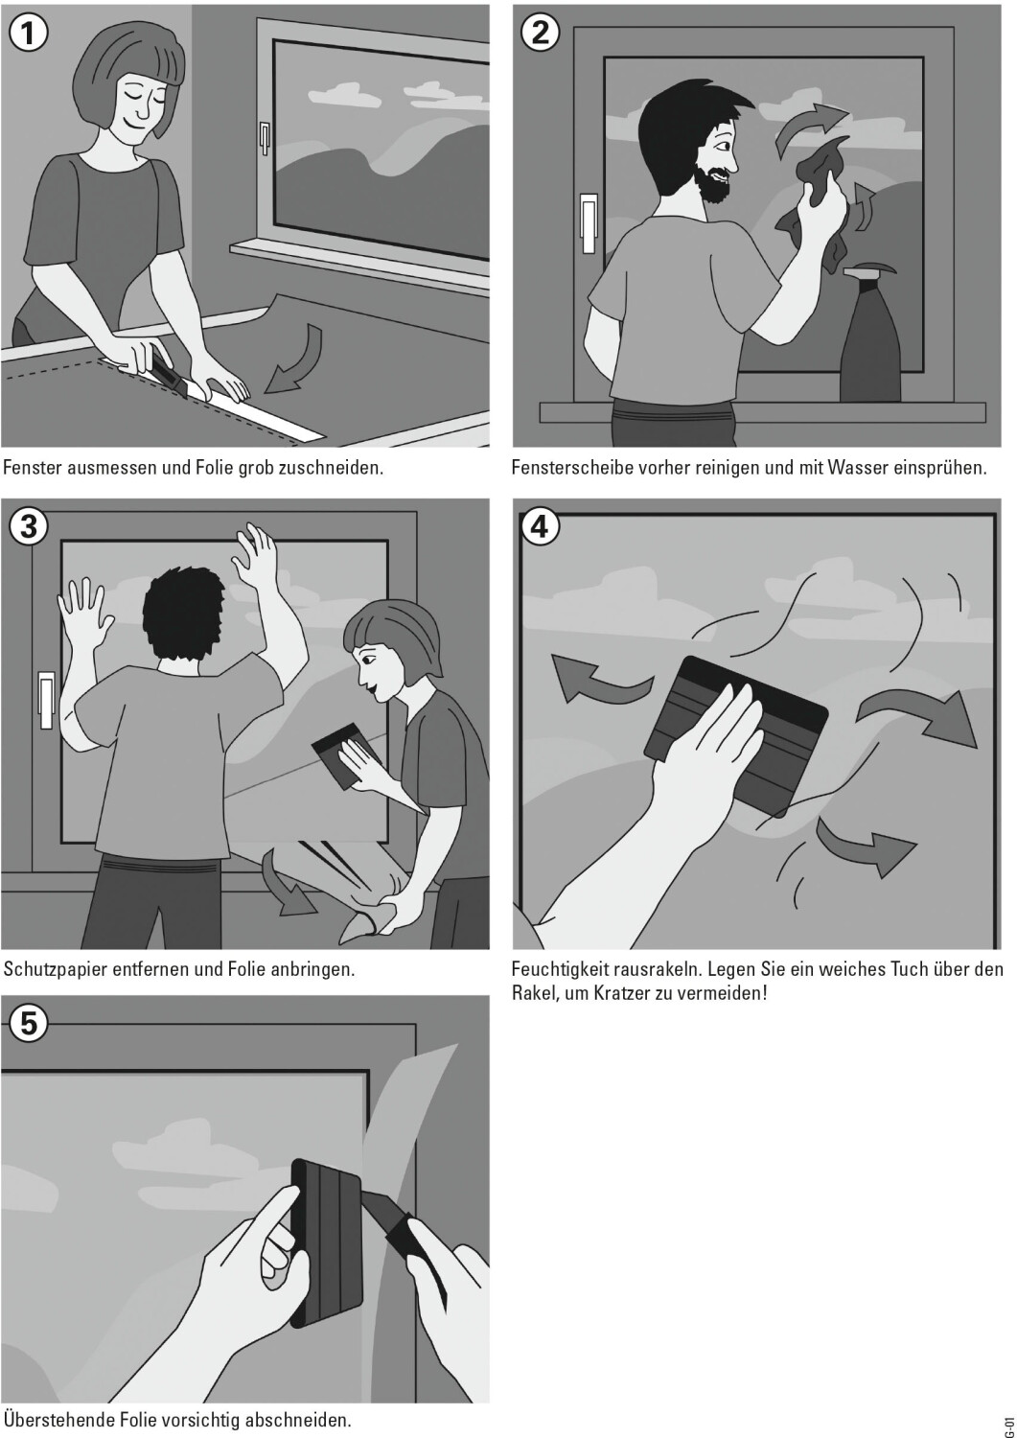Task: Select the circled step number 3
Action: point(29,527)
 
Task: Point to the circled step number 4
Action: point(540,527)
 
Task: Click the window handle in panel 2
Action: point(589,222)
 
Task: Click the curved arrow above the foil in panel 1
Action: point(295,359)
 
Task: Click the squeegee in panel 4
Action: point(736,736)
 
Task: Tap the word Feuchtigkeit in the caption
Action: point(562,968)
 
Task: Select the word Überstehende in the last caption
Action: point(58,1418)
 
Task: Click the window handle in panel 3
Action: point(46,700)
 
